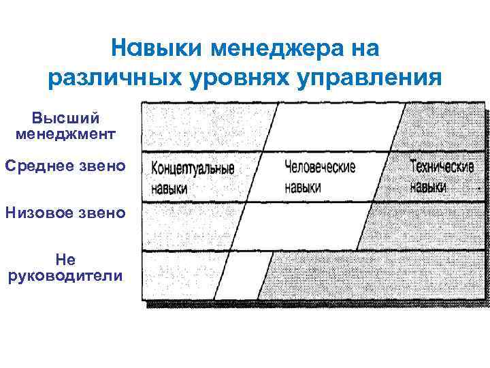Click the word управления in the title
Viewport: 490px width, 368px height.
click(370, 78)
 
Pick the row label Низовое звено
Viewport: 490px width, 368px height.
click(65, 213)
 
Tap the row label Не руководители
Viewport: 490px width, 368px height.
click(65, 267)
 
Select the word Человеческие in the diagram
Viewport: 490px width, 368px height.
click(319, 166)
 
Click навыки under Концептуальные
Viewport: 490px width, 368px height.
click(169, 187)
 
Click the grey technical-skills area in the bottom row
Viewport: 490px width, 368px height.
click(374, 276)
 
